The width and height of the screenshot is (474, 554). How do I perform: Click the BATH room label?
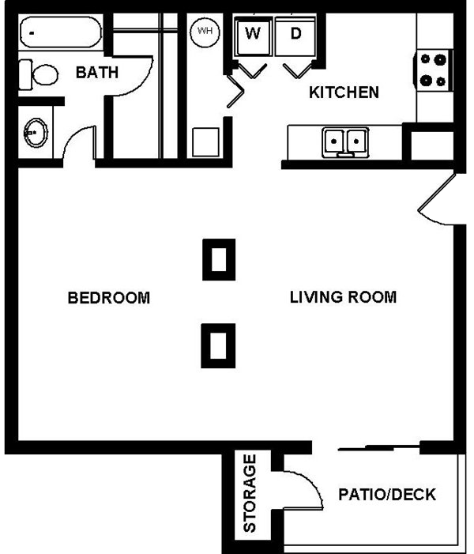[97, 73]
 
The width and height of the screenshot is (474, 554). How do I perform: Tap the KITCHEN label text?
[344, 92]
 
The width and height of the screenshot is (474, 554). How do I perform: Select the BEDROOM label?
[108, 298]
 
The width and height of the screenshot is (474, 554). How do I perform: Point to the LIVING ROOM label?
[343, 298]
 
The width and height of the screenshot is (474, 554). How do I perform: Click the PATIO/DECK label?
[387, 496]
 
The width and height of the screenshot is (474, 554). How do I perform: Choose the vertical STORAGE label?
[250, 493]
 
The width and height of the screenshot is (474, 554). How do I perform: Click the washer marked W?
[254, 34]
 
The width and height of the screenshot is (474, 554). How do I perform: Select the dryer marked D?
[295, 34]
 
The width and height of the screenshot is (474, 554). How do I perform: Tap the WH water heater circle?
[205, 31]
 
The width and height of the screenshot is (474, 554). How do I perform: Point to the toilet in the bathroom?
[40, 75]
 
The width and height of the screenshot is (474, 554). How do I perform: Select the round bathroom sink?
[36, 132]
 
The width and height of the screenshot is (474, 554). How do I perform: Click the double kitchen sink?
[346, 141]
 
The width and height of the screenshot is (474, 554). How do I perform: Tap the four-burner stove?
[434, 69]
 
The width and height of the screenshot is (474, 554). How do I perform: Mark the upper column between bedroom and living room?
[219, 258]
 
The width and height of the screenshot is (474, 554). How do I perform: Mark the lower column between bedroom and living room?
[219, 345]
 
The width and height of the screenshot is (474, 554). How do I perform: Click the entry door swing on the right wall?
[437, 200]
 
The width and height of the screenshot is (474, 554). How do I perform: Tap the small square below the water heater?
[207, 142]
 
